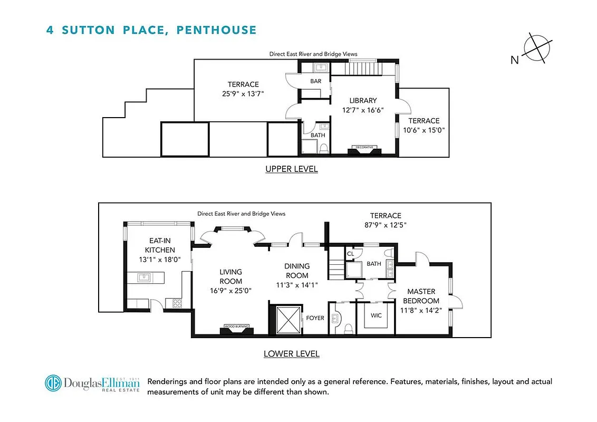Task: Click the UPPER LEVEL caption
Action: pos(291,169)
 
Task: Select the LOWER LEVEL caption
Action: pos(291,353)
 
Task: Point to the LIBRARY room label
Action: pos(363,101)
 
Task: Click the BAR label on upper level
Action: pos(315,81)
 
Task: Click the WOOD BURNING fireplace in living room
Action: pos(236,329)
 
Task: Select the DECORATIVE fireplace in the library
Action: pos(364,149)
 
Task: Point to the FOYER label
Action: pos(315,318)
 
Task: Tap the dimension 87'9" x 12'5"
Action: pos(385,225)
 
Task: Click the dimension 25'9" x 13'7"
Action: pos(243,93)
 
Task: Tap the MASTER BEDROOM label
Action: pos(421,296)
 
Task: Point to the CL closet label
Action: pos(350,254)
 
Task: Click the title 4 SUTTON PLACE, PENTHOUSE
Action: pos(151,30)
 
